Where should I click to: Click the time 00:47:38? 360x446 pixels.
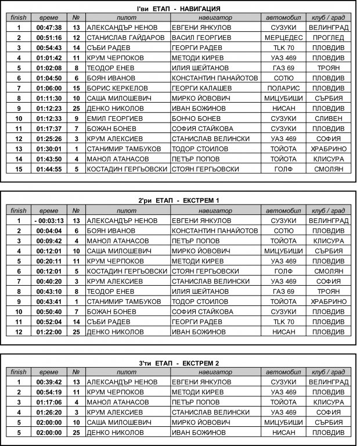pyautogui.click(x=49, y=27)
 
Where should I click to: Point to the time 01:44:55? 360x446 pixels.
pyautogui.click(x=49, y=169)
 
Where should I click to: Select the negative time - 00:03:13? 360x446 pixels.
pyautogui.click(x=49, y=221)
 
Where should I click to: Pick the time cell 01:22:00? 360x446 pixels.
pyautogui.click(x=49, y=332)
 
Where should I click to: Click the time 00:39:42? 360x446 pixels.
pyautogui.click(x=49, y=382)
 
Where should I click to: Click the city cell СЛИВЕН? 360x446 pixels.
pyautogui.click(x=329, y=118)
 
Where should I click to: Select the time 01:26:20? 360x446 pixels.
pyautogui.click(x=49, y=412)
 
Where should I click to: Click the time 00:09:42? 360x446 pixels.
pyautogui.click(x=49, y=241)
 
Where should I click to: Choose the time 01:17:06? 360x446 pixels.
pyautogui.click(x=49, y=402)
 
